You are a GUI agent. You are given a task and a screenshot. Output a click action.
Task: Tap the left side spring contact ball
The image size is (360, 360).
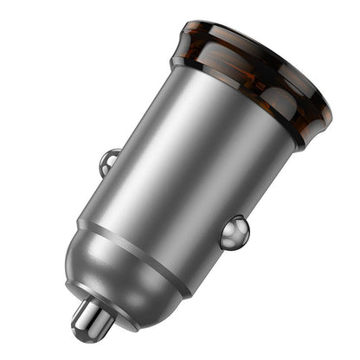(110, 161)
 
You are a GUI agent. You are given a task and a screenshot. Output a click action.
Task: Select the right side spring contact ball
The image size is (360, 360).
(235, 232)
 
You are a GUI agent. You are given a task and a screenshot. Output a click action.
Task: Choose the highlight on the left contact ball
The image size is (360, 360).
(106, 157)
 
